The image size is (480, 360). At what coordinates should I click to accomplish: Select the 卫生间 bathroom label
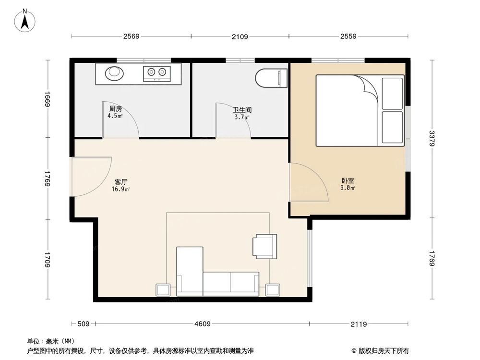[x=242, y=110]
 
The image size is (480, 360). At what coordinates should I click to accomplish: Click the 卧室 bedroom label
[x=348, y=181]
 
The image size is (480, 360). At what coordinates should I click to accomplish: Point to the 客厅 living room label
[x=121, y=182]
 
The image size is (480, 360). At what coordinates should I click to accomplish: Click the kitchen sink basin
[x=114, y=72]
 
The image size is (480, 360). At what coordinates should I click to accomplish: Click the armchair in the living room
[x=265, y=246]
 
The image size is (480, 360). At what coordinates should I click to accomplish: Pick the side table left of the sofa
[x=163, y=290]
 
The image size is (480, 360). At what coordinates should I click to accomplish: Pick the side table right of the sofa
[x=273, y=290]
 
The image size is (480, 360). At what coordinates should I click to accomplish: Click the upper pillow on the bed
[x=392, y=93]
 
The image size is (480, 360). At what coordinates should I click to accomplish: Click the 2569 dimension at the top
[x=131, y=36]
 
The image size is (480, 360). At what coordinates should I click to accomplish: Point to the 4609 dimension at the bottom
[x=202, y=324]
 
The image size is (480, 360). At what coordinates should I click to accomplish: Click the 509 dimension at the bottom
[x=84, y=324]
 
